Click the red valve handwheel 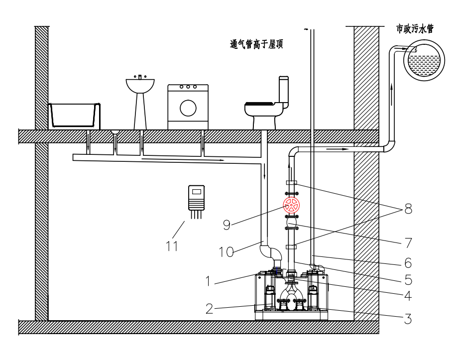[x=291, y=204]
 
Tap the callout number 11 [x=172, y=245]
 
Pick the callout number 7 [x=408, y=242]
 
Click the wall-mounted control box [x=197, y=197]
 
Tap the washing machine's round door [x=188, y=108]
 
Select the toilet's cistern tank [x=284, y=90]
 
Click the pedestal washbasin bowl [x=140, y=85]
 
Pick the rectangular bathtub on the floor [x=74, y=115]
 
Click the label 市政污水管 [x=414, y=29]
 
